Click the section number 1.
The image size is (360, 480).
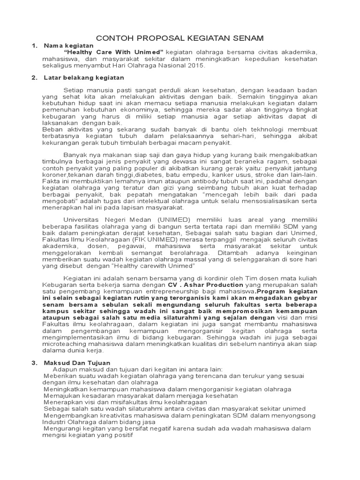point(34,45)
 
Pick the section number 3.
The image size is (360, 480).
point(34,363)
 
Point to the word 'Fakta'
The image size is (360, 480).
point(50,181)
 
